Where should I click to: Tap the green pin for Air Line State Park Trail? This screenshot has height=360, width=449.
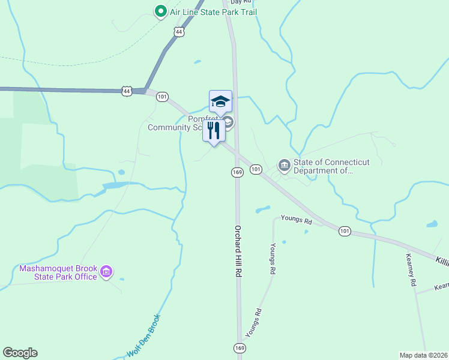tap(160, 11)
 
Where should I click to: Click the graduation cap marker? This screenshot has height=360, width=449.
tap(220, 101)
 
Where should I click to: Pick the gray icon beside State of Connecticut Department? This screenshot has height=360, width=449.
tap(284, 164)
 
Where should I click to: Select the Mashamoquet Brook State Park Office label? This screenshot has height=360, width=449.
tap(58, 272)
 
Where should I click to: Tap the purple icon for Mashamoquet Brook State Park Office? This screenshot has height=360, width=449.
tap(107, 272)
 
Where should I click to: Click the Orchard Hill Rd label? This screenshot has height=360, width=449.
tap(238, 251)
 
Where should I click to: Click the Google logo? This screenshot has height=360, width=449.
tap(20, 353)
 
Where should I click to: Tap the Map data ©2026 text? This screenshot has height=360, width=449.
tap(423, 355)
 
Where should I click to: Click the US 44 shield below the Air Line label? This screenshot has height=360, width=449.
tap(178, 31)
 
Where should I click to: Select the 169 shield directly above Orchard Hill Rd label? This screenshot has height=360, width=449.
tap(237, 172)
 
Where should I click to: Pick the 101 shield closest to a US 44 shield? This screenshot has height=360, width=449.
tap(163, 97)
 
